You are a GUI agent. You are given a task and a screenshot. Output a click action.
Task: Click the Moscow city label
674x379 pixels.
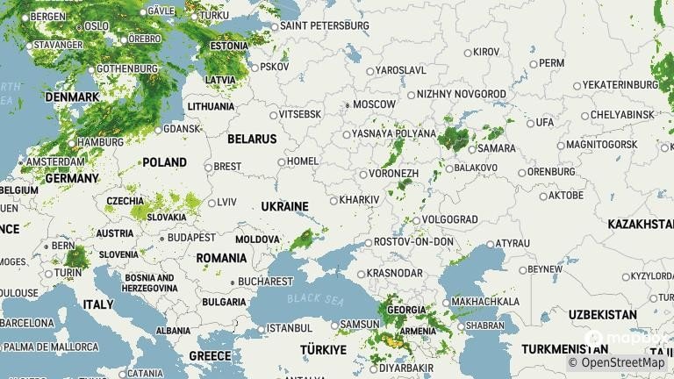(x=374, y=104)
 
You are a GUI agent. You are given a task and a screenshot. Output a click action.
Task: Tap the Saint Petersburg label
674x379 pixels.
(x=324, y=25)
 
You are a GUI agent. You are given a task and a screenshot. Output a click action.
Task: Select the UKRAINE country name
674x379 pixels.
(x=284, y=206)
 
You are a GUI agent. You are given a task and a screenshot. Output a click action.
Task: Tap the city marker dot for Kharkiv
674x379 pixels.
(x=333, y=200)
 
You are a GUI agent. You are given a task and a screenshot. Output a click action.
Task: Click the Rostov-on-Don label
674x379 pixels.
(x=413, y=241)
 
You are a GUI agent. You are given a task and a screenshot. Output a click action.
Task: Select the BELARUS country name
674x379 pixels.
(x=252, y=139)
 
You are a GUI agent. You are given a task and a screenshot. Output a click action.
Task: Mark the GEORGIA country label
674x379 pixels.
(x=405, y=310)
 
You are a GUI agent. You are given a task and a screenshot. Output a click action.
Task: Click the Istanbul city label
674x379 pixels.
(x=289, y=328)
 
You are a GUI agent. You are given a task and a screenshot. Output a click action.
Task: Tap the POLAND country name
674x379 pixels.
(x=165, y=161)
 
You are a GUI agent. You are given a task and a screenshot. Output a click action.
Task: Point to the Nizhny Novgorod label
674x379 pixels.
(x=461, y=94)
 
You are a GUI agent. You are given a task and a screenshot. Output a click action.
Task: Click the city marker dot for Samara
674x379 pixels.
(x=471, y=149)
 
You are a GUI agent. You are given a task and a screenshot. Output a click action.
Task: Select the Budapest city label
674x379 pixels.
(x=191, y=238)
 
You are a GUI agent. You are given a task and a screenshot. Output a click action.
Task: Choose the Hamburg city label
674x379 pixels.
(x=100, y=142)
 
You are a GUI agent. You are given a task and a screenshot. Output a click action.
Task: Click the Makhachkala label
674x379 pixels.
(x=484, y=303)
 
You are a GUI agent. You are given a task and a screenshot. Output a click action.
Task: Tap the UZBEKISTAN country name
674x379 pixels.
(x=602, y=314)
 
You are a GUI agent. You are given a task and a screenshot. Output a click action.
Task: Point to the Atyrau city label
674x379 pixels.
(x=513, y=243)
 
